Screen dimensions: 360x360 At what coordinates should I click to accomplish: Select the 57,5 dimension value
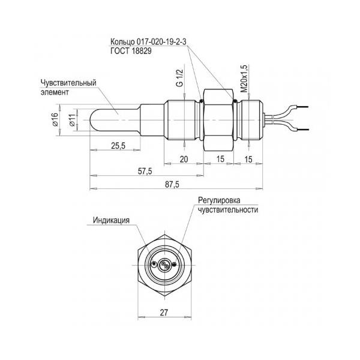pos(145,171)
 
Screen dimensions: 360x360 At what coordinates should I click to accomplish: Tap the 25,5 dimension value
pos(118,146)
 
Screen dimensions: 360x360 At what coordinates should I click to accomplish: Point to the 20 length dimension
pos(184,159)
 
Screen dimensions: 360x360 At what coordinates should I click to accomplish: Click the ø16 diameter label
pos(55,119)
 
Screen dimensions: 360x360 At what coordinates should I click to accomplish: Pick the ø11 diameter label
pos(72,120)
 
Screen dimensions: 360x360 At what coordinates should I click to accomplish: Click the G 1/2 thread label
pos(180,78)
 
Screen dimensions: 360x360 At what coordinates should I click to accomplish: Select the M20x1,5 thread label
pos(245,79)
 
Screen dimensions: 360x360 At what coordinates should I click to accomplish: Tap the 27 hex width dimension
pos(164,312)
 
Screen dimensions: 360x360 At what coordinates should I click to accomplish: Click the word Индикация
pos(111,220)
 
